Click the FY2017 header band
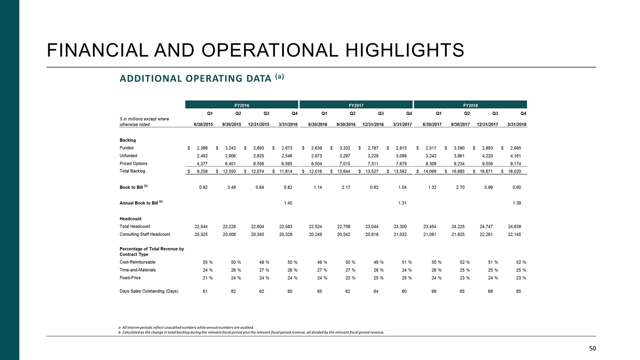[x=356, y=105]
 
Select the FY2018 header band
[x=470, y=105]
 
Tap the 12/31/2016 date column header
[x=373, y=124]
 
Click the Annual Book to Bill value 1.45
[x=288, y=203]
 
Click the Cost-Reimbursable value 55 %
[x=207, y=262]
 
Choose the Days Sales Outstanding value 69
[x=434, y=291]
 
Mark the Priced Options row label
[x=133, y=163]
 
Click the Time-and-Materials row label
[x=137, y=270]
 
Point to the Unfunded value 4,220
[x=487, y=156]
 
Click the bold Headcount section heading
[x=130, y=219]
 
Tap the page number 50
[x=592, y=348]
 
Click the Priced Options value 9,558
[x=487, y=163]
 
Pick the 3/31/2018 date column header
[x=517, y=124]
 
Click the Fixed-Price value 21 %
[x=207, y=278]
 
